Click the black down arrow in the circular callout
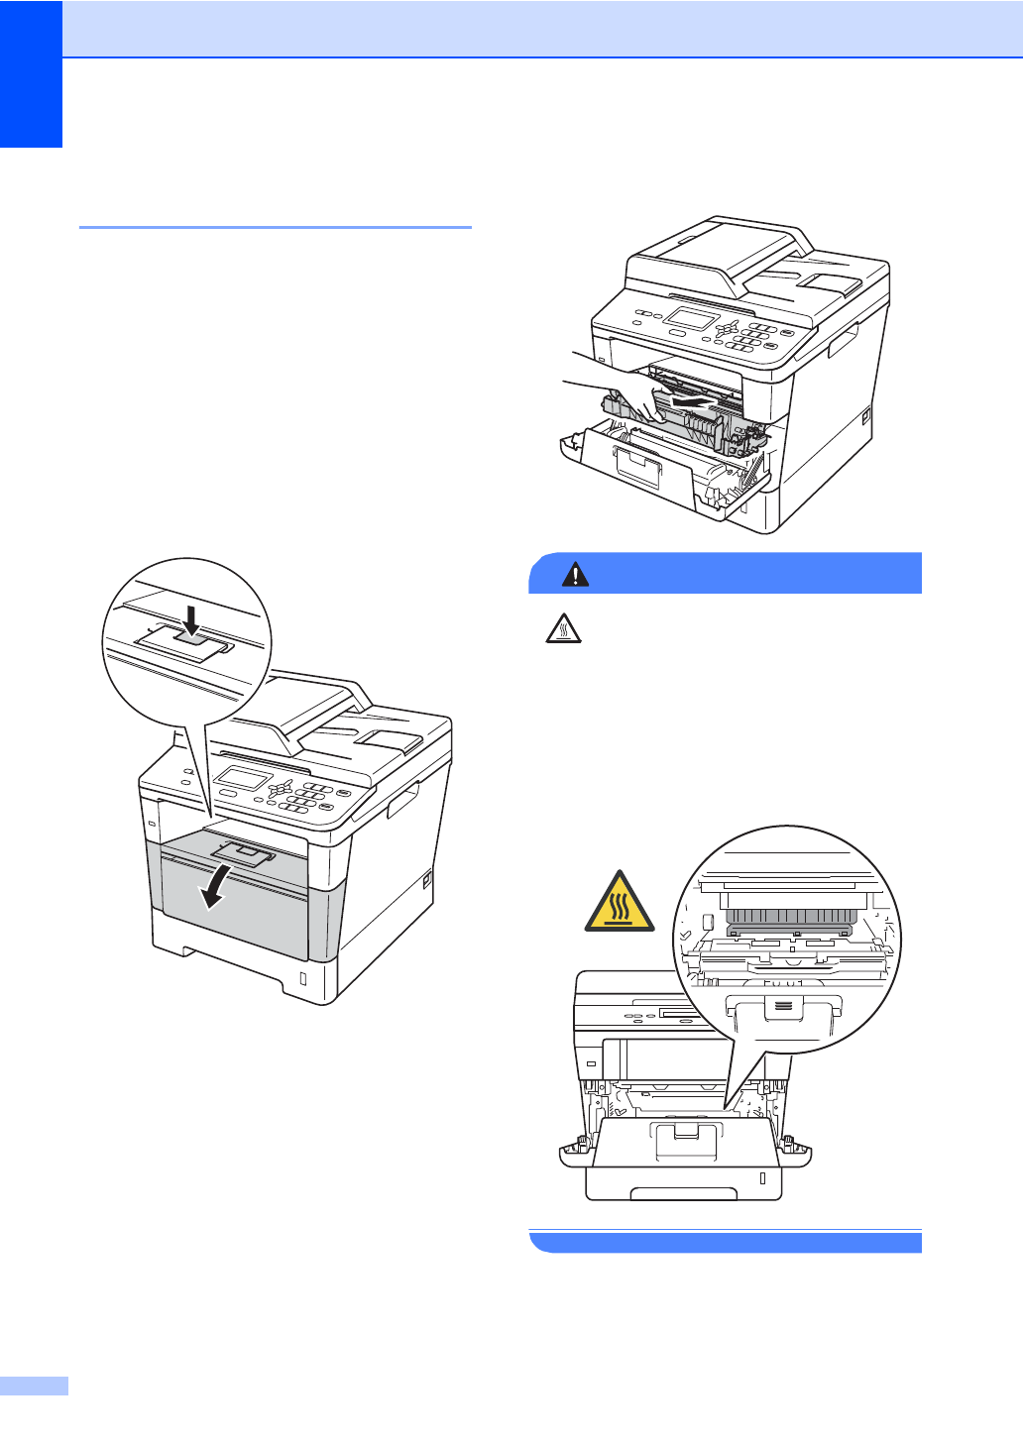pos(192,620)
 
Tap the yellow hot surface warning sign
pos(620,903)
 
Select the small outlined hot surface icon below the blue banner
pos(563,628)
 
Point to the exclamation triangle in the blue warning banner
pos(575,574)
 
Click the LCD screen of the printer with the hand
pos(692,319)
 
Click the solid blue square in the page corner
pos(31,73)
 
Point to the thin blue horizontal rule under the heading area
pos(275,227)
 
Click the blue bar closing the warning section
pos(726,1242)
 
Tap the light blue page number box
pos(34,1386)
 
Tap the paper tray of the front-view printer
pos(684,1182)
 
